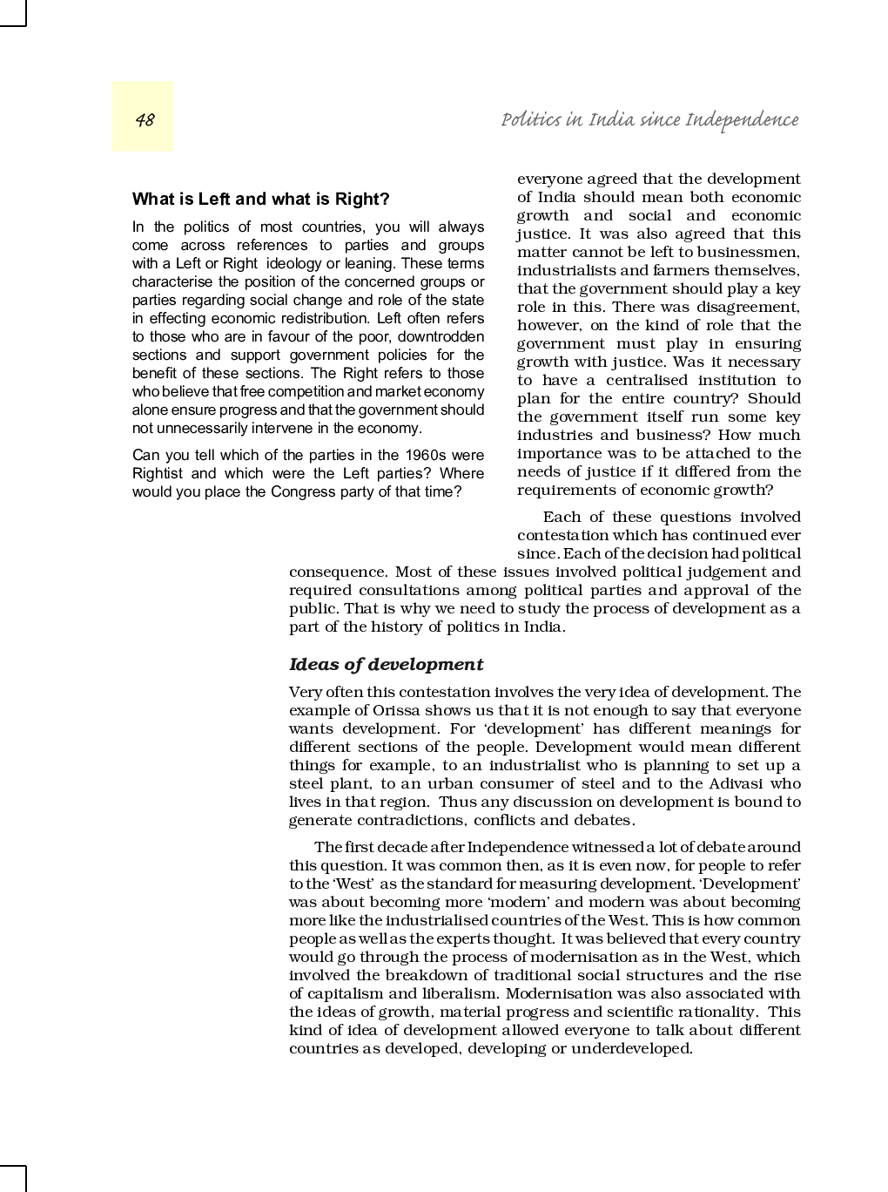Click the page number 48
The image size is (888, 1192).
pyautogui.click(x=145, y=119)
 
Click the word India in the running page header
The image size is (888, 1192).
pyautogui.click(x=610, y=119)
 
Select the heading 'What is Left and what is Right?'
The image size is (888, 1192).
pyautogui.click(x=260, y=200)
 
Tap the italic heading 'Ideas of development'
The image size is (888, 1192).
pyautogui.click(x=386, y=665)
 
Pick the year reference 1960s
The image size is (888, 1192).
pyautogui.click(x=425, y=455)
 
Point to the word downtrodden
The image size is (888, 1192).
pyautogui.click(x=441, y=336)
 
